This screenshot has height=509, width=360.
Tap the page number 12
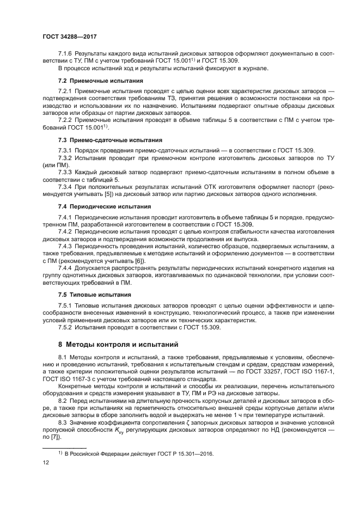tap(46, 462)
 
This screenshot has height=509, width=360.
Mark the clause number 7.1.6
tap(65, 55)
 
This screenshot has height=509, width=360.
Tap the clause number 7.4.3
tap(65, 247)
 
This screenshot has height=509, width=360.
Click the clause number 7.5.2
tap(65, 328)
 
